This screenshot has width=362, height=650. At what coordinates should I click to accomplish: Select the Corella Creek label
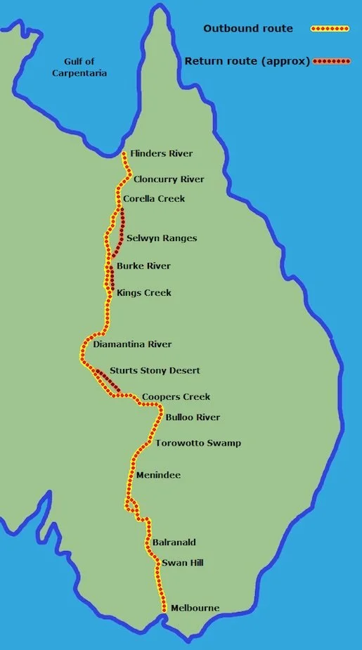tap(154, 199)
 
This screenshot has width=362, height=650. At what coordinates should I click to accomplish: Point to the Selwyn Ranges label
tap(162, 238)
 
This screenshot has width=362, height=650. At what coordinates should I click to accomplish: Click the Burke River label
tap(143, 266)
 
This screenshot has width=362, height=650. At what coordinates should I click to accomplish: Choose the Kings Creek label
tap(144, 292)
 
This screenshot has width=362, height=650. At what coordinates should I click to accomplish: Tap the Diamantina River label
tap(132, 344)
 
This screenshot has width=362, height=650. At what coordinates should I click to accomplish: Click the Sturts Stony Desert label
tap(155, 370)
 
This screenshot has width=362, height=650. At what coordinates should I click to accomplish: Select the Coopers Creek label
tap(176, 397)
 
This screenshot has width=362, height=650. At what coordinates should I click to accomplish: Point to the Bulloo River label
tap(193, 417)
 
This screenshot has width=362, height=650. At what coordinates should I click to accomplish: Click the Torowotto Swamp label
tap(198, 443)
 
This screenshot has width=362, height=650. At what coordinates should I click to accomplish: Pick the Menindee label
tap(158, 476)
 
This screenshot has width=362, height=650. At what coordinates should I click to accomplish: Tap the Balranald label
tap(174, 542)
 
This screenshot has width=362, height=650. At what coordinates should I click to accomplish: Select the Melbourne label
tap(195, 608)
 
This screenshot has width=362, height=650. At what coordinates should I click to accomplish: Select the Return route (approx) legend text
tap(247, 61)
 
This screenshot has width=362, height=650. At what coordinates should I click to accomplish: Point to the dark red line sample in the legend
tap(332, 61)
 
